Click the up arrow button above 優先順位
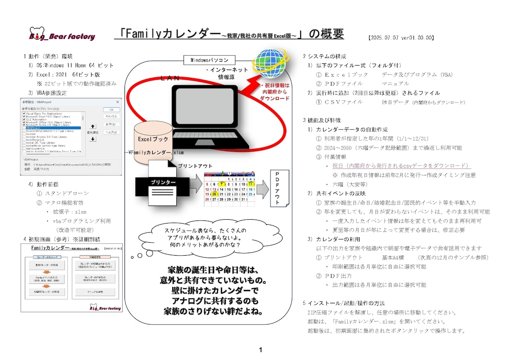(93, 126)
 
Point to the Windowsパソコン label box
(209, 60)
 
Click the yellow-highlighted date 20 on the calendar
(214, 194)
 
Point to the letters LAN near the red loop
(171, 78)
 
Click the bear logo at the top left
(36, 33)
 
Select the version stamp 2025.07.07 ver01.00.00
(401, 38)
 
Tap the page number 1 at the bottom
(260, 350)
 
